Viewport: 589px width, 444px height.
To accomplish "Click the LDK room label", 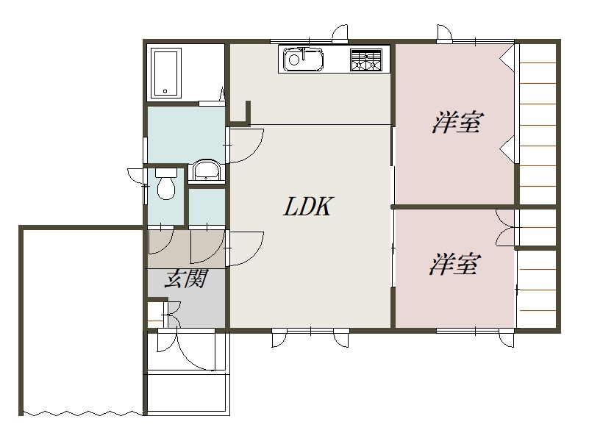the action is click(x=307, y=206).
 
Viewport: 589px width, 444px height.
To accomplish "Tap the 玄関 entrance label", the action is click(x=186, y=279).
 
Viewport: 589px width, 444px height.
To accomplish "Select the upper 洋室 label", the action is click(x=457, y=123).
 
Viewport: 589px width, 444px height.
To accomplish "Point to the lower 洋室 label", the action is click(x=455, y=264).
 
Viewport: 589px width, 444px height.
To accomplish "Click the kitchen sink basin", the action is click(x=303, y=59).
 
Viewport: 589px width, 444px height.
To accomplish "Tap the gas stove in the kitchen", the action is click(x=365, y=60).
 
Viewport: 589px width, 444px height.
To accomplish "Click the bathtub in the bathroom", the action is click(x=165, y=74).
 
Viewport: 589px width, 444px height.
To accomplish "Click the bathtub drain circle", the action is click(x=165, y=91).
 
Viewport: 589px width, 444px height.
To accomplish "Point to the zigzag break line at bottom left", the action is click(x=82, y=413).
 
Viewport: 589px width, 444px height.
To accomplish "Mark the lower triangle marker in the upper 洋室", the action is click(x=507, y=149).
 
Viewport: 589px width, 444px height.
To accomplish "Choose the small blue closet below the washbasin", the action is click(x=207, y=207).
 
